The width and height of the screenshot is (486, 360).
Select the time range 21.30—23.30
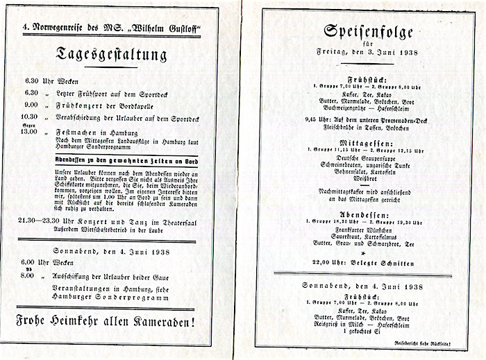coord(42,221)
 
